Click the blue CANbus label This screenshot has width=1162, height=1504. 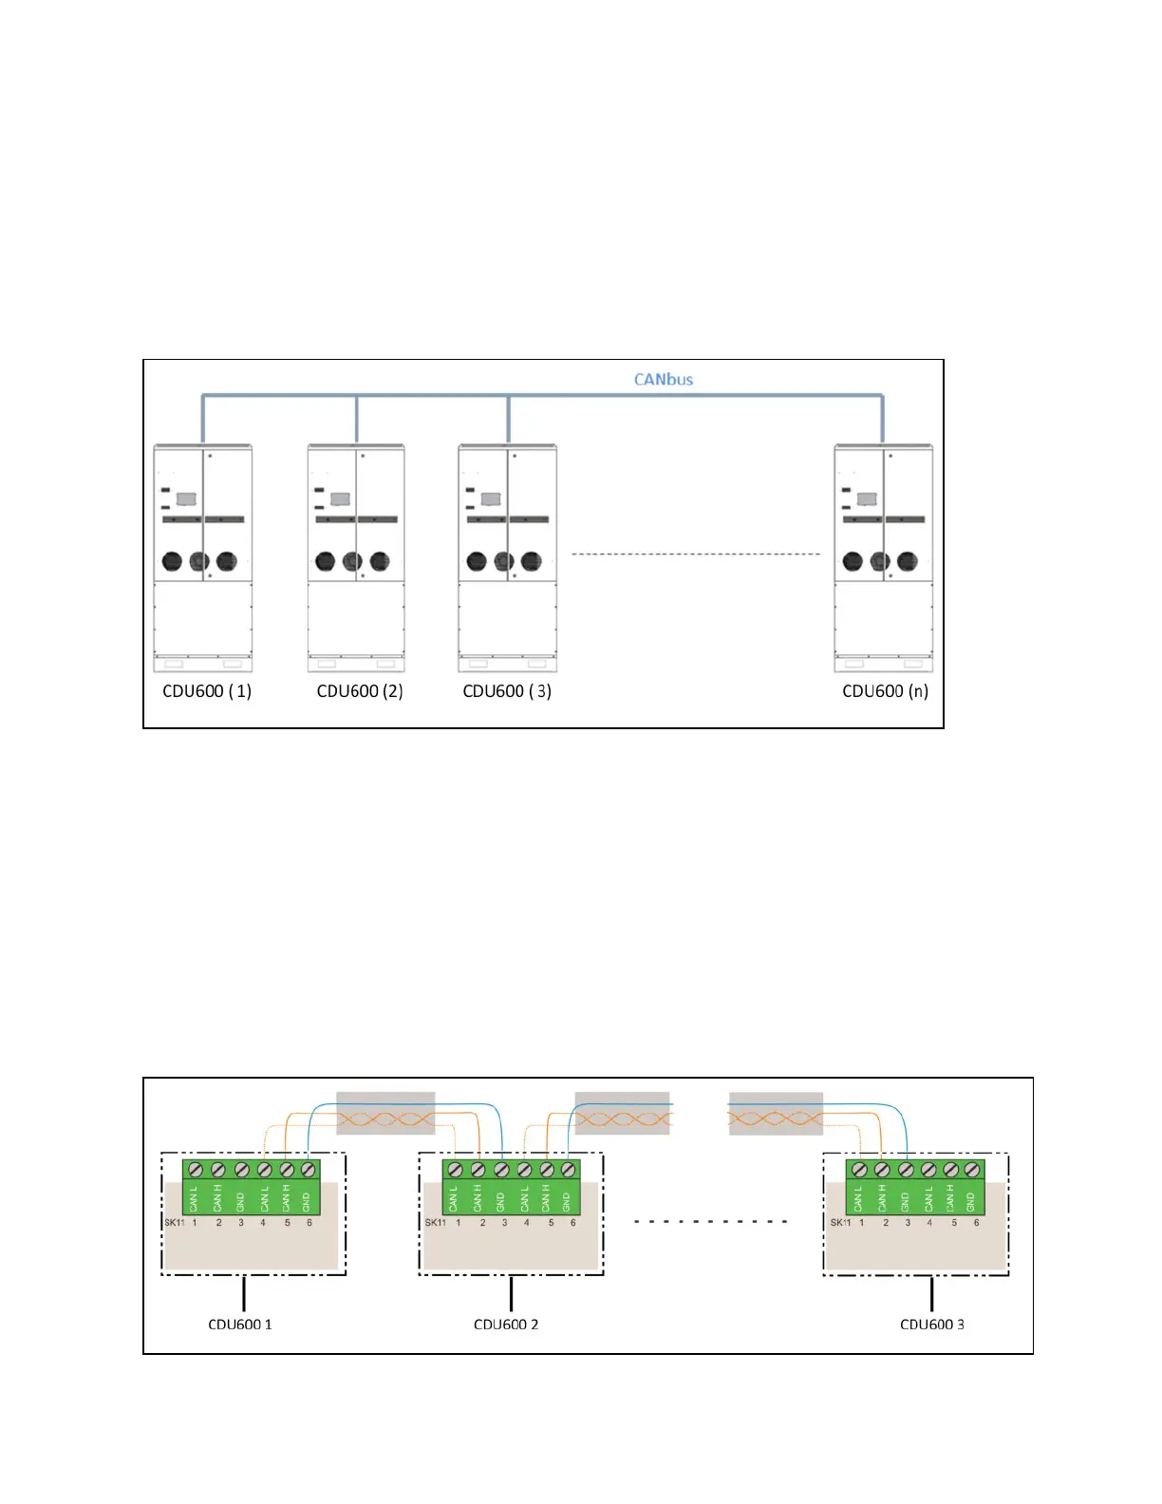tap(664, 379)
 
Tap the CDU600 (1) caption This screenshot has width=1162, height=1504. tap(207, 691)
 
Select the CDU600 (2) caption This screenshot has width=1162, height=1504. tap(360, 691)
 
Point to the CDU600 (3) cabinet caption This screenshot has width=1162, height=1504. tap(507, 691)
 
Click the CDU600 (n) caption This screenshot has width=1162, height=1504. tap(885, 691)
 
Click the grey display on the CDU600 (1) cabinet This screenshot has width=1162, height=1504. tap(186, 498)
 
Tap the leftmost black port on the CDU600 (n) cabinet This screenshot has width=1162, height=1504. tap(853, 561)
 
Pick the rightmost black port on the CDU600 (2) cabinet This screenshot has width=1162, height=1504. tap(379, 561)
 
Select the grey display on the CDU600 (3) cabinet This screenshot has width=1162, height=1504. tap(491, 498)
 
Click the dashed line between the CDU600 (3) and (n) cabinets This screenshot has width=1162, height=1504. tap(695, 554)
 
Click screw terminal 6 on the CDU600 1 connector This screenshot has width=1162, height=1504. tap(308, 1170)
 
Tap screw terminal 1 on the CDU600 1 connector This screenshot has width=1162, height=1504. tap(196, 1170)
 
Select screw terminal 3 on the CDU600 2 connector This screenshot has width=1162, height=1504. tap(501, 1170)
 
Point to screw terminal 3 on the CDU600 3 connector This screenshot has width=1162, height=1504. tap(906, 1170)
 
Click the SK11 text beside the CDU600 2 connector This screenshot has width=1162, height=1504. tap(435, 1223)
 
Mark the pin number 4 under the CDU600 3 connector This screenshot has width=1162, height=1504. tap(929, 1223)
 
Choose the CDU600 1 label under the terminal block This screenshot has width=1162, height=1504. tap(240, 1325)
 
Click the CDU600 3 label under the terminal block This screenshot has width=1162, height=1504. tap(931, 1325)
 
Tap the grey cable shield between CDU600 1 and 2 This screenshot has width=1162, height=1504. tap(385, 1113)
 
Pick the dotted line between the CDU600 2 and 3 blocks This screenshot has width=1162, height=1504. tap(710, 1221)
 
